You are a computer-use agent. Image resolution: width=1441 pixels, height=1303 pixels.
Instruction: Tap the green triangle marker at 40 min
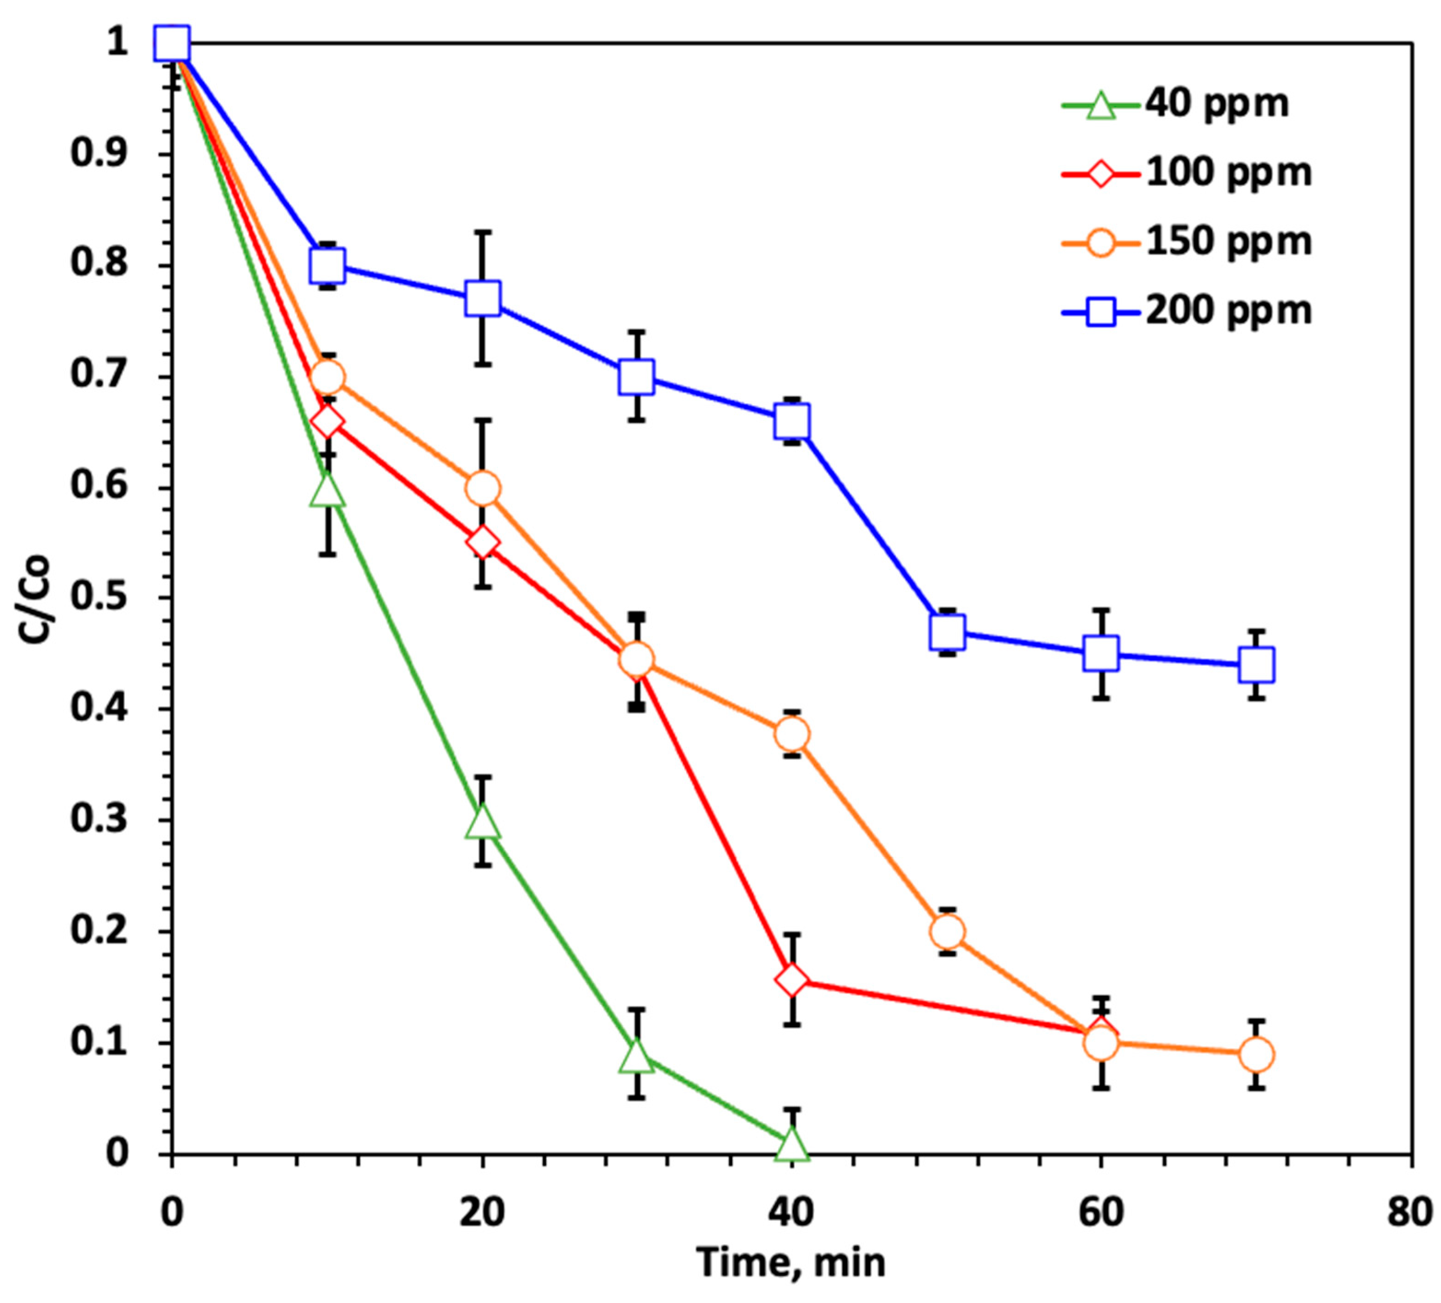click(x=792, y=1144)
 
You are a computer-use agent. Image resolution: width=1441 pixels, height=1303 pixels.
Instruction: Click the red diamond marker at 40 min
click(x=792, y=980)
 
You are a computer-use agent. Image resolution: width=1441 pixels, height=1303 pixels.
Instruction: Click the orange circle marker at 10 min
click(x=328, y=377)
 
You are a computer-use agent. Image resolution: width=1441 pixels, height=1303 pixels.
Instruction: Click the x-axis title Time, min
click(x=791, y=1262)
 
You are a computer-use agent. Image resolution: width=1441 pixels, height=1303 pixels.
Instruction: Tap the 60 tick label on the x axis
click(x=1101, y=1213)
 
